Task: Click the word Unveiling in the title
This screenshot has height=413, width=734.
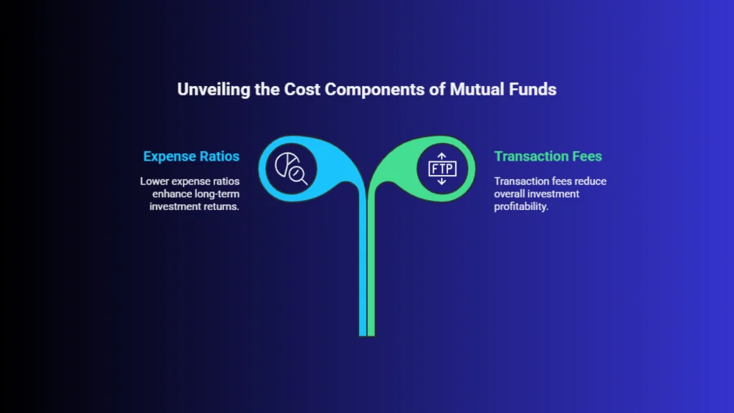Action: [x=214, y=90]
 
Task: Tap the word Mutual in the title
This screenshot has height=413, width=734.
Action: [x=477, y=89]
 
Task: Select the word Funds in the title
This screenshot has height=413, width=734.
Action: [x=533, y=89]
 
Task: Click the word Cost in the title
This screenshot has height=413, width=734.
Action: [x=302, y=89]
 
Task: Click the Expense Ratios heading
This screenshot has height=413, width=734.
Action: [x=191, y=156]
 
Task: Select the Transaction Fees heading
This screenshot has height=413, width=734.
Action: [x=548, y=156]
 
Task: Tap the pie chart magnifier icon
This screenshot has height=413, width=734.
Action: [x=291, y=168]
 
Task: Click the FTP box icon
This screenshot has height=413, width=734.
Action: [x=442, y=168]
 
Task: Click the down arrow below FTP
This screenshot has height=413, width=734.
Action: [x=442, y=181]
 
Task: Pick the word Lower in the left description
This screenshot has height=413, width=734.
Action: [x=155, y=181]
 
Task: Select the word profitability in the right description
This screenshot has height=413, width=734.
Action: [x=521, y=206]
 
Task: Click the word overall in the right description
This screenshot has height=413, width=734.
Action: [x=509, y=194]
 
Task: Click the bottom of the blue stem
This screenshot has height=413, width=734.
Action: [x=363, y=334]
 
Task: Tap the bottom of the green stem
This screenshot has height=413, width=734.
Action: [x=371, y=334]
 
